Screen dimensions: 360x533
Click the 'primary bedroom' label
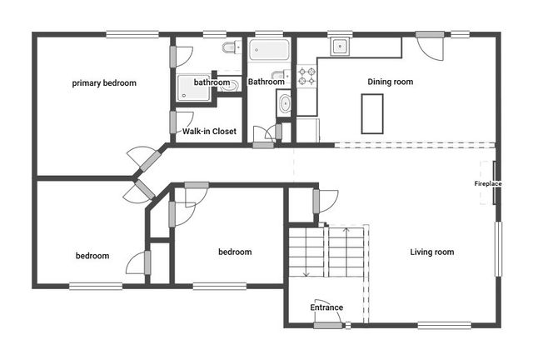click(x=104, y=83)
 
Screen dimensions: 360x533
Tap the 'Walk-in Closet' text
click(x=209, y=132)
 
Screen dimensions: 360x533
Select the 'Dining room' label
click(x=391, y=82)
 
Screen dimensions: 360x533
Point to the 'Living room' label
click(x=432, y=252)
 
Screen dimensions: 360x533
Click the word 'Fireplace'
click(x=488, y=183)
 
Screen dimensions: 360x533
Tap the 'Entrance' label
click(x=326, y=307)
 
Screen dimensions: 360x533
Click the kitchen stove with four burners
click(x=307, y=76)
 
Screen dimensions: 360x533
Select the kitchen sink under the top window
click(x=340, y=47)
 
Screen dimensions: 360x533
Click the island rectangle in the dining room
click(x=372, y=112)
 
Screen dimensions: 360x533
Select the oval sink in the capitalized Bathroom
click(x=285, y=104)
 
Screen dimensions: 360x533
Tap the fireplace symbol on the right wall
click(x=497, y=182)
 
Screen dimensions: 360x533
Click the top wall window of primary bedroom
click(x=133, y=34)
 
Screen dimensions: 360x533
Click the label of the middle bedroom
click(x=235, y=252)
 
